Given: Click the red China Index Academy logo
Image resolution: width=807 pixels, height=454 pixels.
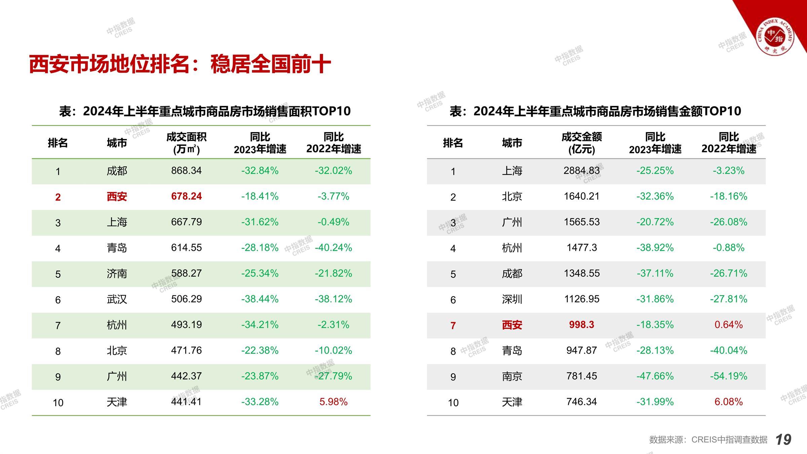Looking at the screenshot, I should click(775, 37).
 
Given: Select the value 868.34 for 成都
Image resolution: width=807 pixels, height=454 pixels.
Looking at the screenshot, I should click(186, 171).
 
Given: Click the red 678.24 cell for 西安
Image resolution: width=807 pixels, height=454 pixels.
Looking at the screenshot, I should click(186, 196).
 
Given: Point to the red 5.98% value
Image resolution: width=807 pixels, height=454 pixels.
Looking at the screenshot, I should click(333, 402).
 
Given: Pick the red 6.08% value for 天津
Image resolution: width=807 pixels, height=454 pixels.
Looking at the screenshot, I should click(728, 402).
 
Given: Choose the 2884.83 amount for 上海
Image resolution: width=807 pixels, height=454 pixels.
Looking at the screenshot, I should click(581, 171).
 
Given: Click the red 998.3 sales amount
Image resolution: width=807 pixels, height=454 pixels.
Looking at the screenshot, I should click(581, 325).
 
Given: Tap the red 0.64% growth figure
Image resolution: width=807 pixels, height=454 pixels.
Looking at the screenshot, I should click(728, 325).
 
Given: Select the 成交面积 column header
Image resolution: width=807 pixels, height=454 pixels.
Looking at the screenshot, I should click(186, 143).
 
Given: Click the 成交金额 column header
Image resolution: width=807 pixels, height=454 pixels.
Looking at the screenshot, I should click(581, 143).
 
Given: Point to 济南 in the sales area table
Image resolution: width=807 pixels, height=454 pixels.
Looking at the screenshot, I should click(117, 273).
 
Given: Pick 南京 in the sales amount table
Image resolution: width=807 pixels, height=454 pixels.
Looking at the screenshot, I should click(512, 376).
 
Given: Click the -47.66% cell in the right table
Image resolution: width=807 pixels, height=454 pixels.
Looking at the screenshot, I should click(655, 376).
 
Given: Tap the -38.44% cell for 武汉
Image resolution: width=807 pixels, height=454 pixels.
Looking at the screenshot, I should click(260, 299).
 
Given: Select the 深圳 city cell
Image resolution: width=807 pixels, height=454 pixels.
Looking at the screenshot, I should click(512, 299).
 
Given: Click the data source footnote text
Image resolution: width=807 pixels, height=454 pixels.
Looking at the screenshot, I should click(708, 440).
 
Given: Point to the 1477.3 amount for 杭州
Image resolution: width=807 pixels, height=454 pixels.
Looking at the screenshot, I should click(581, 248).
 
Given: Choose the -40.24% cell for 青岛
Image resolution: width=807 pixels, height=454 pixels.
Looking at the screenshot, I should click(333, 248).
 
